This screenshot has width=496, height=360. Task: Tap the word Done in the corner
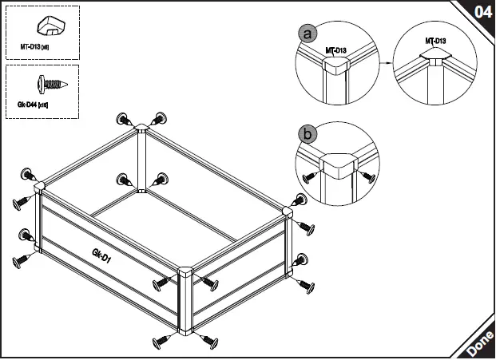pyautogui.click(x=479, y=344)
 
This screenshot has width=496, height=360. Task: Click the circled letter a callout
pyautogui.click(x=307, y=34)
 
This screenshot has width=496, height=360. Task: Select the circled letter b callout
pyautogui.click(x=307, y=134)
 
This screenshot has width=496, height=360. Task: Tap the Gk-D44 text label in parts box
pyautogui.click(x=32, y=105)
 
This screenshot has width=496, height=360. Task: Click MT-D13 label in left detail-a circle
pyautogui.click(x=335, y=50)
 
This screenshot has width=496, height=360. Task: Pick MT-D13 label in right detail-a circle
pyautogui.click(x=435, y=40)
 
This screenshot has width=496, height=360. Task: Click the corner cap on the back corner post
pyautogui.click(x=141, y=127)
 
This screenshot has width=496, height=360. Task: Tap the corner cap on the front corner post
pyautogui.click(x=185, y=272)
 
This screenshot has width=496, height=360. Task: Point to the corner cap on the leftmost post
pyautogui.click(x=38, y=188)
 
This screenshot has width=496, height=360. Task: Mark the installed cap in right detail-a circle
pyautogui.click(x=435, y=58)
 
